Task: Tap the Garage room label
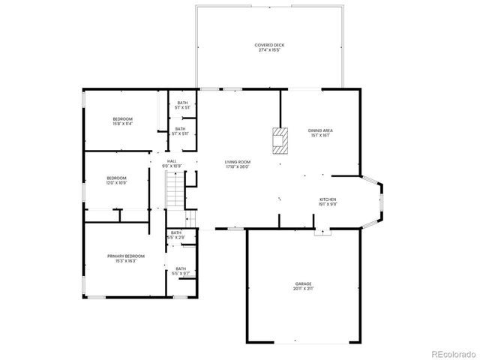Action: (x=302, y=283)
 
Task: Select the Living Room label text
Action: (x=238, y=162)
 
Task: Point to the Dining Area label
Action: (x=320, y=130)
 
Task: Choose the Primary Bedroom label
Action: (x=125, y=256)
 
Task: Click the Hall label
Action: (x=172, y=160)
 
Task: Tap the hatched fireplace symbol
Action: (x=279, y=140)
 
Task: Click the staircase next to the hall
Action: (x=174, y=190)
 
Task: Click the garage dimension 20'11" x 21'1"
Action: (x=302, y=289)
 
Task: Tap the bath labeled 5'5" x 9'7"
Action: (x=181, y=270)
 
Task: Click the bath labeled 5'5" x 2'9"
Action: (x=175, y=235)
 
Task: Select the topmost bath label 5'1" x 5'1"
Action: (x=182, y=104)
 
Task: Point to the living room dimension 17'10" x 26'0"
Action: (x=238, y=167)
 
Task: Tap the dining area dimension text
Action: (x=320, y=136)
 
